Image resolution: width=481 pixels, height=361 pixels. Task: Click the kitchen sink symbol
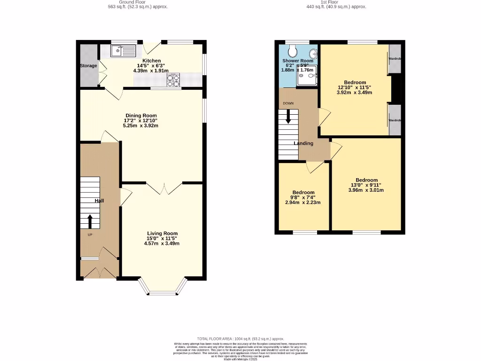pos(123,50)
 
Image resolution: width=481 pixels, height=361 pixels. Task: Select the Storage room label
pos(88,66)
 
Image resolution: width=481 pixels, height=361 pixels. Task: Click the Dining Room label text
pos(141,116)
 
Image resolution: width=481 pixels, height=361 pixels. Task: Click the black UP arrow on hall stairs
pos(90,220)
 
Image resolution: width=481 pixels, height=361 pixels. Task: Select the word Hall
pos(99,201)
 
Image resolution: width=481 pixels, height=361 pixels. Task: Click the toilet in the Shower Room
pos(293,50)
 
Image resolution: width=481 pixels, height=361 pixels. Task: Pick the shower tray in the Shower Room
pos(307,76)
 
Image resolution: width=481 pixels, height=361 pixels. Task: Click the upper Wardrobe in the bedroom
pos(395,59)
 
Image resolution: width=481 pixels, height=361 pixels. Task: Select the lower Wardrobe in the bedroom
pos(395,120)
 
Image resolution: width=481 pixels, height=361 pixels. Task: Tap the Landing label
pos(303,143)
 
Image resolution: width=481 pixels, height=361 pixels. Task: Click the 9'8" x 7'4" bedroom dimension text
pos(303,197)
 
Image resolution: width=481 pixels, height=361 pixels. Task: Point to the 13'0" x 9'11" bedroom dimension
pos(366,185)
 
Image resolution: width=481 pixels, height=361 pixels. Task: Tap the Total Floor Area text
pos(240,339)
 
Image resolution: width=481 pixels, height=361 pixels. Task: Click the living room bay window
pos(163,289)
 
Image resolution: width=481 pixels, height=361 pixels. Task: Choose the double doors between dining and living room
pos(163,188)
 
